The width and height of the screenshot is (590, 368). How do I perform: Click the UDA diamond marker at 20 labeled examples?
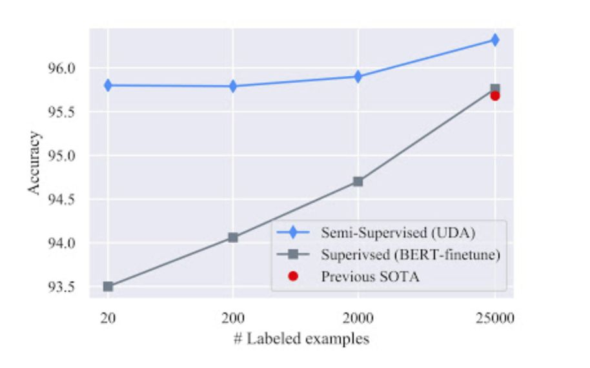(108, 85)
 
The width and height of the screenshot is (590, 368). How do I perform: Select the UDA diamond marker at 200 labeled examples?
(233, 86)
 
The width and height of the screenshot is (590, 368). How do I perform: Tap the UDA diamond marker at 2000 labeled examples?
(358, 76)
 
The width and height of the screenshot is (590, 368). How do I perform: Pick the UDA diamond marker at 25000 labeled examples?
(495, 39)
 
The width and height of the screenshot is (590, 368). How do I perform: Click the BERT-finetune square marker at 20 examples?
(108, 286)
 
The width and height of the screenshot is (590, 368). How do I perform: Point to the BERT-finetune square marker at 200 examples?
(233, 238)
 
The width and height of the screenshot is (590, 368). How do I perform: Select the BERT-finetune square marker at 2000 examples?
(358, 181)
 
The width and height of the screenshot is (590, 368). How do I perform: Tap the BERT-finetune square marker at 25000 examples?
(495, 88)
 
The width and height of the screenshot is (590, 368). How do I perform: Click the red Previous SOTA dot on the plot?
(495, 96)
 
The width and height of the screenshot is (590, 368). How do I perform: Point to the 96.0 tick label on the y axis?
(63, 68)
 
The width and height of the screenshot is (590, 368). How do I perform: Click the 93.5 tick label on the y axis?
(63, 287)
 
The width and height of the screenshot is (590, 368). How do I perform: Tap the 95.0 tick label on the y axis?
(63, 156)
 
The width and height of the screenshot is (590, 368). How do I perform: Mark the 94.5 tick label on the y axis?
(63, 199)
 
